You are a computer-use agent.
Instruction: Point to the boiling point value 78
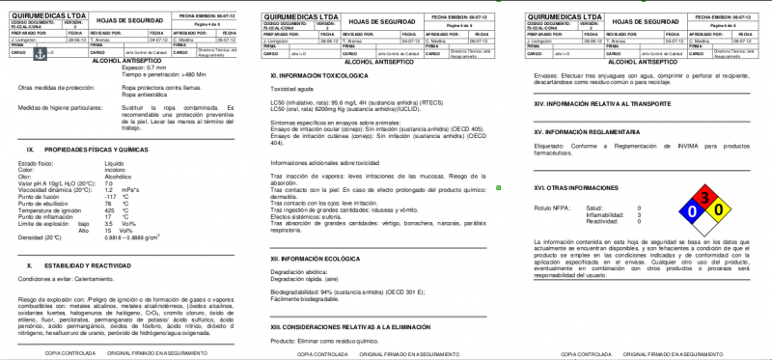tap(107, 203)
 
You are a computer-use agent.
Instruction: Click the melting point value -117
tap(110, 196)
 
